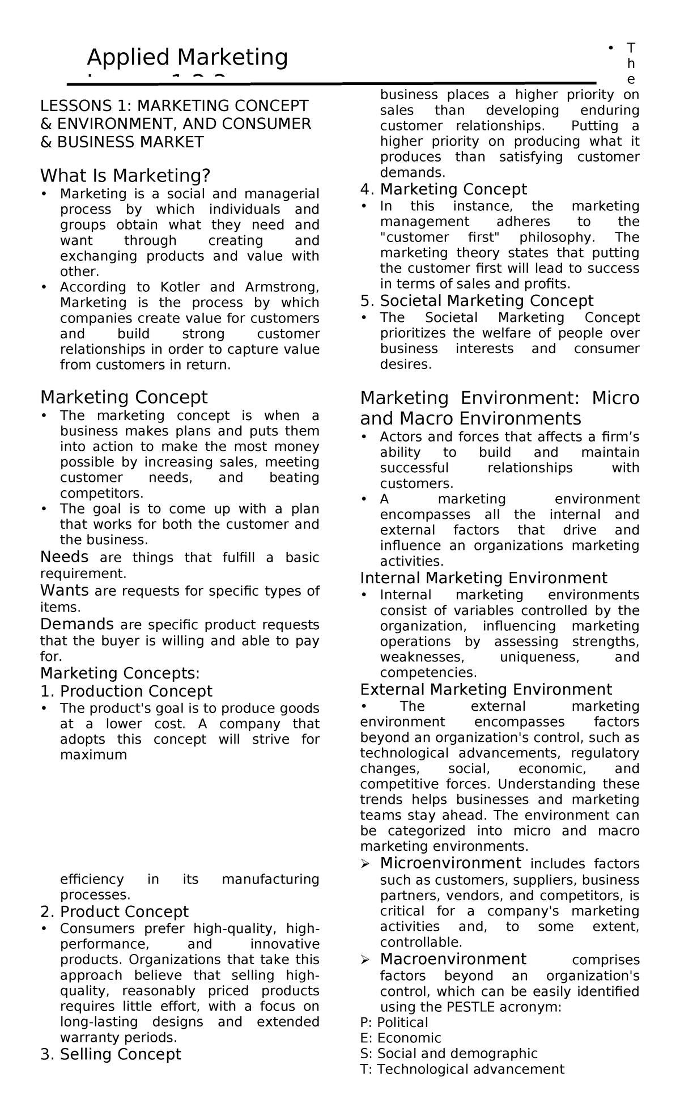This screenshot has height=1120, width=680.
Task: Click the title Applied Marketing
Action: coord(187,57)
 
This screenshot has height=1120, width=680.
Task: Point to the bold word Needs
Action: coord(64,557)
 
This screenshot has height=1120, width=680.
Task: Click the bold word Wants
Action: coord(64,590)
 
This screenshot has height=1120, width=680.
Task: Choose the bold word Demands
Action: coord(76,624)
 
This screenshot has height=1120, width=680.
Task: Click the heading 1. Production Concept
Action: coord(126,691)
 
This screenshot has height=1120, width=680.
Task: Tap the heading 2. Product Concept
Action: coord(114,911)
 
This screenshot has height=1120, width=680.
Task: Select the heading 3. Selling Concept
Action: coord(110,1054)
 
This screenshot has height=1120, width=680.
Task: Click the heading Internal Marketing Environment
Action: coord(483,578)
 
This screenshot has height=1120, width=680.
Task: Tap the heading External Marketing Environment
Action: coord(486,689)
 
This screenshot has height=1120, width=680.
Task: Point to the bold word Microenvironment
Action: coord(450,863)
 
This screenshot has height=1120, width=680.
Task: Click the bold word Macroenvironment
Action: coord(453,959)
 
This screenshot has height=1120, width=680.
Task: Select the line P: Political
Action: coord(394,1022)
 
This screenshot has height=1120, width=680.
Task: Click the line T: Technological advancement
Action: coord(462,1069)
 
